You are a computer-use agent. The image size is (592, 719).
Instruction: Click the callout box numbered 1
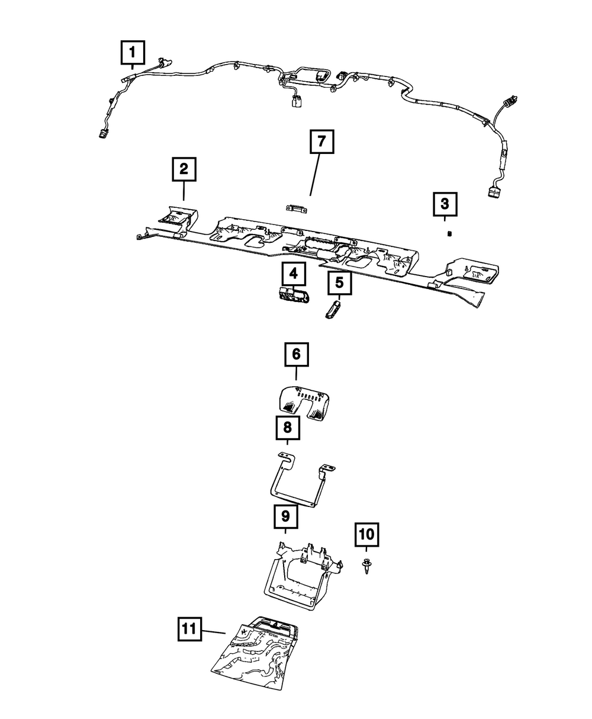[x=133, y=53]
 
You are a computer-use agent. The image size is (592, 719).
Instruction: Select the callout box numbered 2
[x=184, y=169]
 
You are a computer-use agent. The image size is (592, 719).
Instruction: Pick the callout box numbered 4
[x=294, y=274]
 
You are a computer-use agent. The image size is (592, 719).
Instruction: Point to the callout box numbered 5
[x=339, y=283]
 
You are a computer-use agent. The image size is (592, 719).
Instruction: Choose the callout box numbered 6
[x=297, y=355]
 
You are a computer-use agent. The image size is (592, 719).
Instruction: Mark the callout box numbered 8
[x=287, y=426]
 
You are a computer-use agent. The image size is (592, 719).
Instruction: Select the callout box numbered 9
[x=285, y=517]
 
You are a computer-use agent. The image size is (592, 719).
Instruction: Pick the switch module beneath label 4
[x=293, y=294]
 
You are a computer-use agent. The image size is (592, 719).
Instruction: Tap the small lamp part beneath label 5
[x=333, y=310]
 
